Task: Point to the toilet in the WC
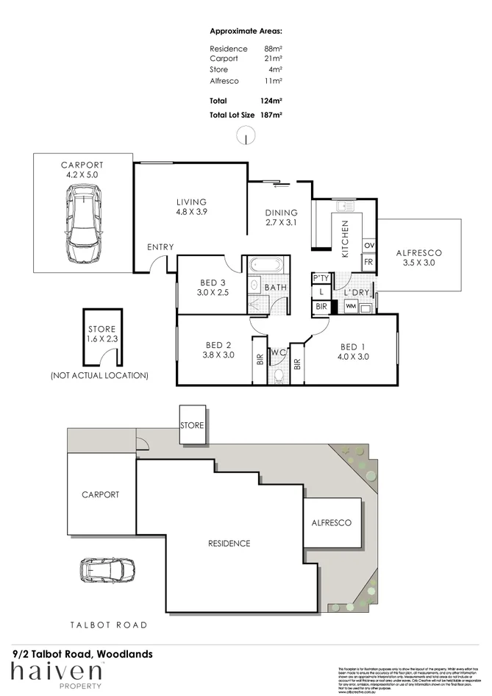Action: click(278, 375)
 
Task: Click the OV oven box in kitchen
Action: click(369, 245)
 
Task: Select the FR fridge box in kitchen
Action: click(369, 262)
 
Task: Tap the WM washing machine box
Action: click(352, 305)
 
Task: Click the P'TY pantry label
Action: click(321, 278)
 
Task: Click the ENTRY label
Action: click(160, 247)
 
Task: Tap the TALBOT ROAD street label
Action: click(108, 625)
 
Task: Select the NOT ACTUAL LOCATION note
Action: click(99, 375)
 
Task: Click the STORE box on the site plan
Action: click(192, 425)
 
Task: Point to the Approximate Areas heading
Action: click(246, 31)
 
